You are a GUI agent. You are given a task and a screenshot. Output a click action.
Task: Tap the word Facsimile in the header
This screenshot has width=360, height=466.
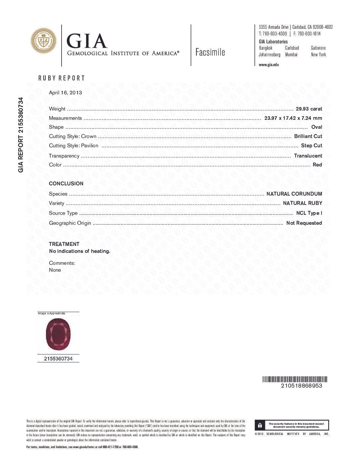[x=210, y=52]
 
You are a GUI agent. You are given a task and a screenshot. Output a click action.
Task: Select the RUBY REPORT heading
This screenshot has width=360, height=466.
[x=62, y=78]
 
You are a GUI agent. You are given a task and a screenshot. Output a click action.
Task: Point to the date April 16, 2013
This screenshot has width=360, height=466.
[x=65, y=93]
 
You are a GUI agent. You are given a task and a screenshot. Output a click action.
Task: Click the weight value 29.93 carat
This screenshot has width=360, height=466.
[x=309, y=109]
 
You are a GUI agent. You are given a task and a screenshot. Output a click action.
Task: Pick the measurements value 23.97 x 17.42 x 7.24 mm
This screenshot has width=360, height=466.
[x=293, y=118]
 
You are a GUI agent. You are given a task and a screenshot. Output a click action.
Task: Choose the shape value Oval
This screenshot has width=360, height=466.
[x=317, y=127]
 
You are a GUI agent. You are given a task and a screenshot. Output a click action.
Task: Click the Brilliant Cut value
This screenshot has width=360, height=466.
[x=308, y=136]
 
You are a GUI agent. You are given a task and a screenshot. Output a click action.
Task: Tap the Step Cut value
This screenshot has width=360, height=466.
[x=311, y=145]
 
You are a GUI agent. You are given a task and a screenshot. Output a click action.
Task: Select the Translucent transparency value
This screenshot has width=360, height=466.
[x=308, y=156]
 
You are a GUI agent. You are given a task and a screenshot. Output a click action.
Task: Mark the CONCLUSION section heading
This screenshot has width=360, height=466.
[x=66, y=183]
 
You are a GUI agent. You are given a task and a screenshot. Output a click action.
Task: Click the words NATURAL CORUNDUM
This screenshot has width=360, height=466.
[x=294, y=194]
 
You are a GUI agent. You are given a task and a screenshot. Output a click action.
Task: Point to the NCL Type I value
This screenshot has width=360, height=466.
[x=309, y=213]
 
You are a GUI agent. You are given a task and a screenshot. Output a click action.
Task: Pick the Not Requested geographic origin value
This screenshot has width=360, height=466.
[x=304, y=223]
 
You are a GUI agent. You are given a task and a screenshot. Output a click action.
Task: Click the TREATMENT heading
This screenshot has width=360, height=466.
[x=64, y=244]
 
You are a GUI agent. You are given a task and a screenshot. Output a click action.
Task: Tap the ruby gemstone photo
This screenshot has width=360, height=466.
[x=58, y=334]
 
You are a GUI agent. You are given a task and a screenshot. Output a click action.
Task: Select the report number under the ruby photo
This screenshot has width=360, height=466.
[x=58, y=358]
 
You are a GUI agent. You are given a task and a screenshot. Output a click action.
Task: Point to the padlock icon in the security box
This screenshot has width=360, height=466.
[x=260, y=425]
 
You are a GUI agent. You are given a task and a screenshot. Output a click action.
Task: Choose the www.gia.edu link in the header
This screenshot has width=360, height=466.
[x=269, y=65]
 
